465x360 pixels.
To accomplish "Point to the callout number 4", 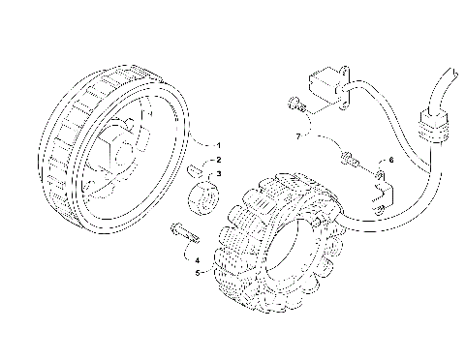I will (x=198, y=260).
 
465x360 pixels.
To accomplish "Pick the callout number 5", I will (x=198, y=273).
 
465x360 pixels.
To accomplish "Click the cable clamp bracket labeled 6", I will (x=381, y=186).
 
